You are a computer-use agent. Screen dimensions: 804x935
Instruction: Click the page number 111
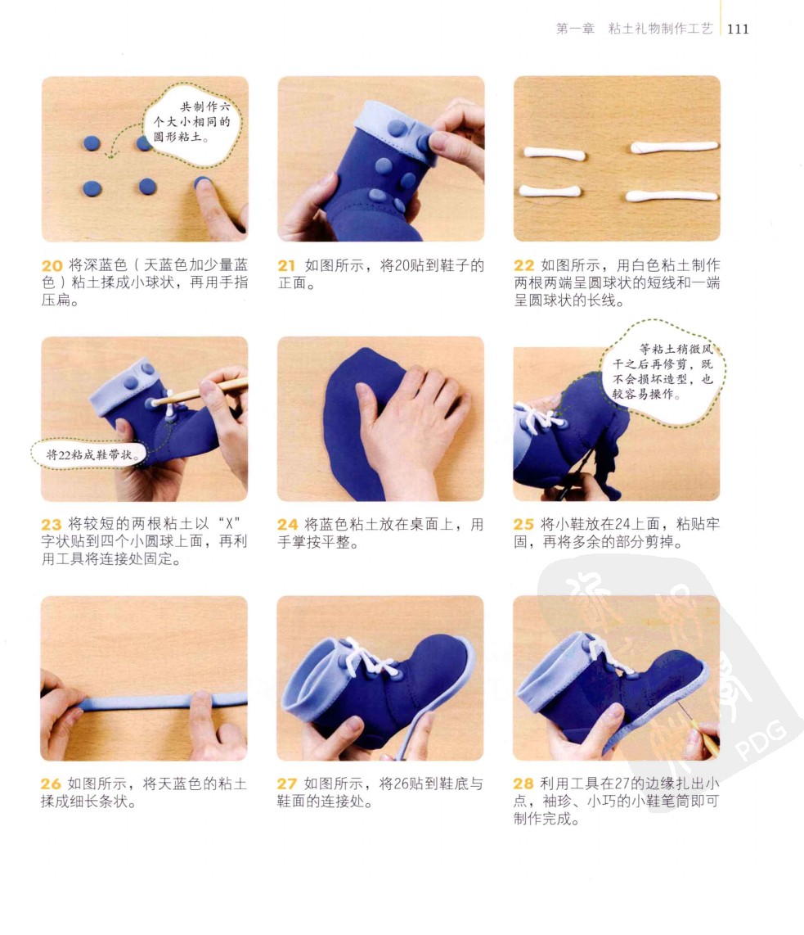738,29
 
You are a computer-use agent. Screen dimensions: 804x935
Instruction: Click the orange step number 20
52,266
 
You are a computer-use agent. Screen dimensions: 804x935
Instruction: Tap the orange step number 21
286,266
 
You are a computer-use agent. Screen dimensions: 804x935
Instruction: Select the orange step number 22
523,266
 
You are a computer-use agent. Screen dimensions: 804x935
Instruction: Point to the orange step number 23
52,525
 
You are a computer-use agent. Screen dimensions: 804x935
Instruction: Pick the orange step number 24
287,525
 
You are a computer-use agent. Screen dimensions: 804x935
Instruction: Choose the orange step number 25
523,525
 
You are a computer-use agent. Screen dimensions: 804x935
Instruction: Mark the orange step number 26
51,784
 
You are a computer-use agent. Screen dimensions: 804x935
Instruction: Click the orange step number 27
286,784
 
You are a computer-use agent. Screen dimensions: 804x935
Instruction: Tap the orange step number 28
523,784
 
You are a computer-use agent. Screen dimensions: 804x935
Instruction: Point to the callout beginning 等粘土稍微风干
663,372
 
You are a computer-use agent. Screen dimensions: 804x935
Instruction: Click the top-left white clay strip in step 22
555,153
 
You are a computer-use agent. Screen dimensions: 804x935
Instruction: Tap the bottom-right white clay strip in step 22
671,196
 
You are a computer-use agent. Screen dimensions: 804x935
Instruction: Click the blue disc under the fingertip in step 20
201,182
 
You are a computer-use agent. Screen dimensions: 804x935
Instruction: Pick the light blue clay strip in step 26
162,701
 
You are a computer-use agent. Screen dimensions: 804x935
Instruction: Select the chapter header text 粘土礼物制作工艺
660,29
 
